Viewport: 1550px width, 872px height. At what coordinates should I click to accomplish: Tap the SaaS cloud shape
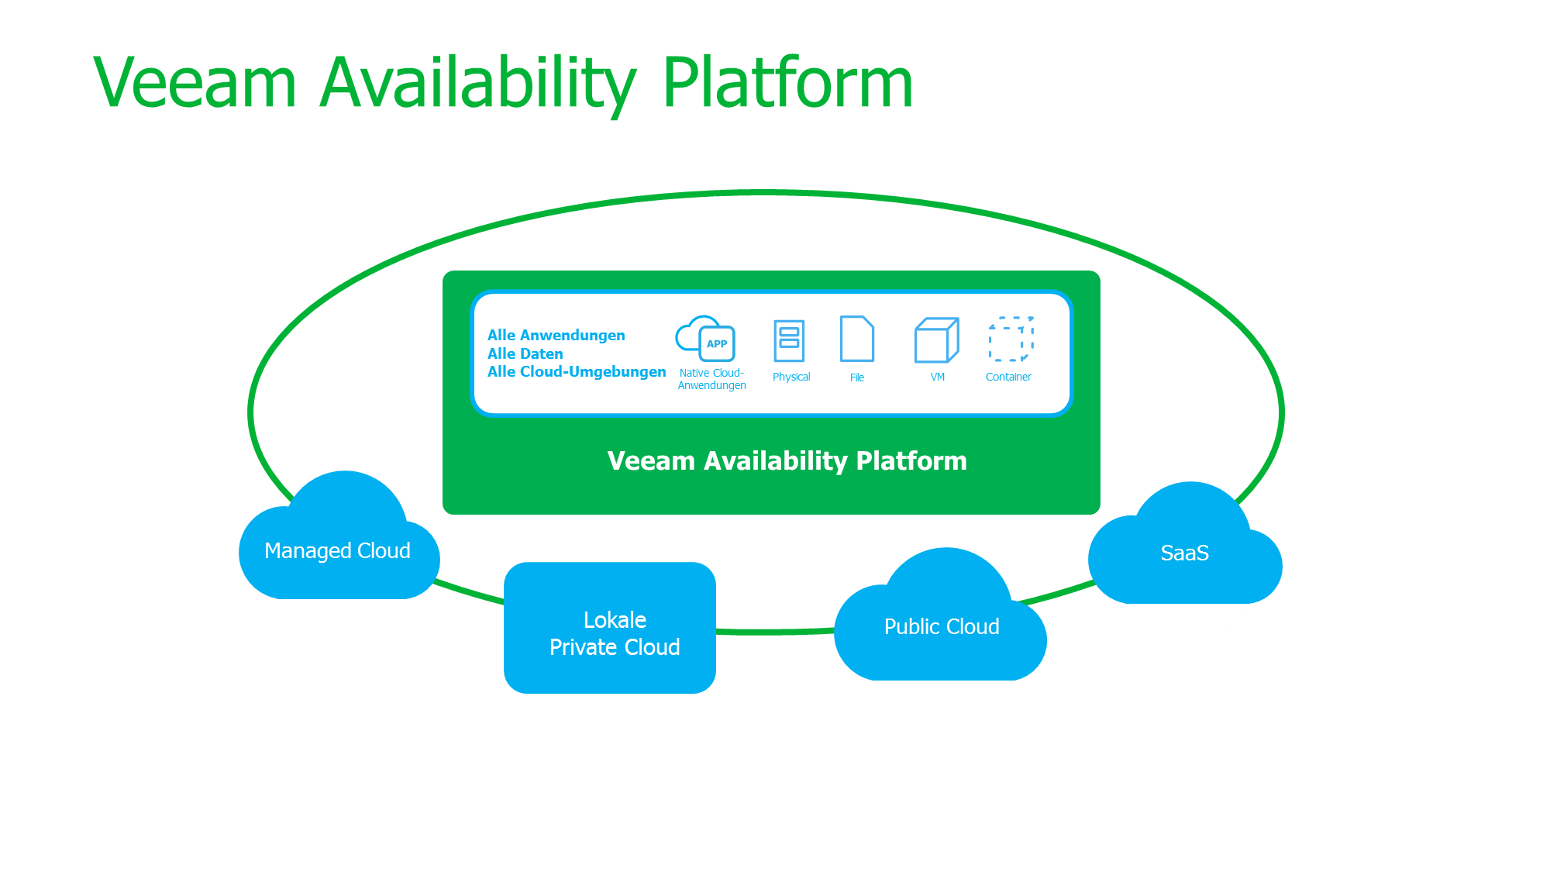(x=1184, y=553)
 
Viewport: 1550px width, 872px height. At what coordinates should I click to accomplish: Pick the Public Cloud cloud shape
(x=942, y=626)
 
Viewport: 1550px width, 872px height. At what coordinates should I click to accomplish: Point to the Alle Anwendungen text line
(x=556, y=335)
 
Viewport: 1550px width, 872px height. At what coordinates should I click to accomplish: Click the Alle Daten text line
(x=525, y=353)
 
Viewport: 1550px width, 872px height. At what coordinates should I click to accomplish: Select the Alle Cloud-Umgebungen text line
(x=577, y=372)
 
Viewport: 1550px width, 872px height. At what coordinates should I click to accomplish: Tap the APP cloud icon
(x=706, y=339)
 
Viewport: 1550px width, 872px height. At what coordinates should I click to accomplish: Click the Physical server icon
(x=789, y=340)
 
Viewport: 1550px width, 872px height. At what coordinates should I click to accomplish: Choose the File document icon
(x=857, y=339)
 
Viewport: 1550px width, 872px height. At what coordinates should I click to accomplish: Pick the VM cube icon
(x=936, y=340)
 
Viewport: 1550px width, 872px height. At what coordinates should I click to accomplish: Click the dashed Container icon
(x=1011, y=339)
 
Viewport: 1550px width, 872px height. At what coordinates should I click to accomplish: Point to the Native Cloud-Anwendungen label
(x=711, y=379)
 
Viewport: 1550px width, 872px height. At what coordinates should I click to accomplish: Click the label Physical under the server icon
(x=791, y=377)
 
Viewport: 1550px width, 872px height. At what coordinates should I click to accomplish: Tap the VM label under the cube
(x=937, y=377)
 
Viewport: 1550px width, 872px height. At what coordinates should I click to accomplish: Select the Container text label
(x=1008, y=377)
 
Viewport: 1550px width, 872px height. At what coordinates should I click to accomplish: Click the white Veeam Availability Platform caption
(x=787, y=461)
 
